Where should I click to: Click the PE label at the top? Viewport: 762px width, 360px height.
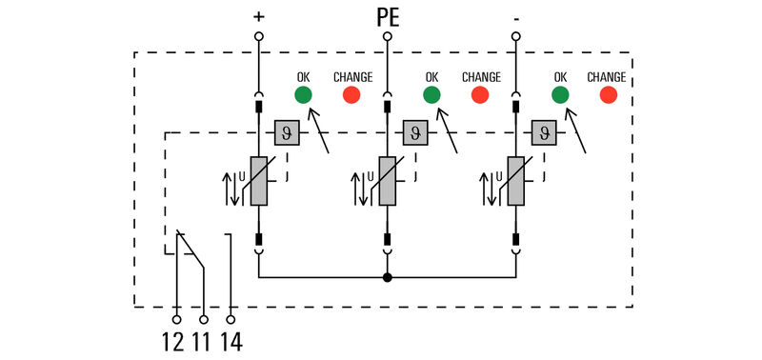click(387, 16)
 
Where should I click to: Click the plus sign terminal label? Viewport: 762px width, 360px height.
click(258, 16)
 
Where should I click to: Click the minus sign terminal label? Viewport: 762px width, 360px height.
click(515, 16)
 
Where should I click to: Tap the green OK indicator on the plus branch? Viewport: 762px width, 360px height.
click(303, 95)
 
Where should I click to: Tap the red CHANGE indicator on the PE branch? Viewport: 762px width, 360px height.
click(480, 95)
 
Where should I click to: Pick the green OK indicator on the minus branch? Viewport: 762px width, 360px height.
click(560, 95)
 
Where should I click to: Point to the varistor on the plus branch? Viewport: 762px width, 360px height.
click(258, 181)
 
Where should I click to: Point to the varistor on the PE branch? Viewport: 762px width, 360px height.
click(387, 181)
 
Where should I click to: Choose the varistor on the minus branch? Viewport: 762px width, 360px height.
click(515, 181)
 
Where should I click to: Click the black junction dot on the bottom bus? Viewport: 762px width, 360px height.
click(387, 278)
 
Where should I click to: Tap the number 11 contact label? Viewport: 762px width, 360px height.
click(202, 340)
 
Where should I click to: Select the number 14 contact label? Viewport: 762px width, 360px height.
click(231, 340)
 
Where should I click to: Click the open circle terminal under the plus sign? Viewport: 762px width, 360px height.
click(258, 36)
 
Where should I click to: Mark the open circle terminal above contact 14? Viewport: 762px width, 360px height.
click(231, 320)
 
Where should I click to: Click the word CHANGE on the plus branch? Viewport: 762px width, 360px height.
click(352, 77)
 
